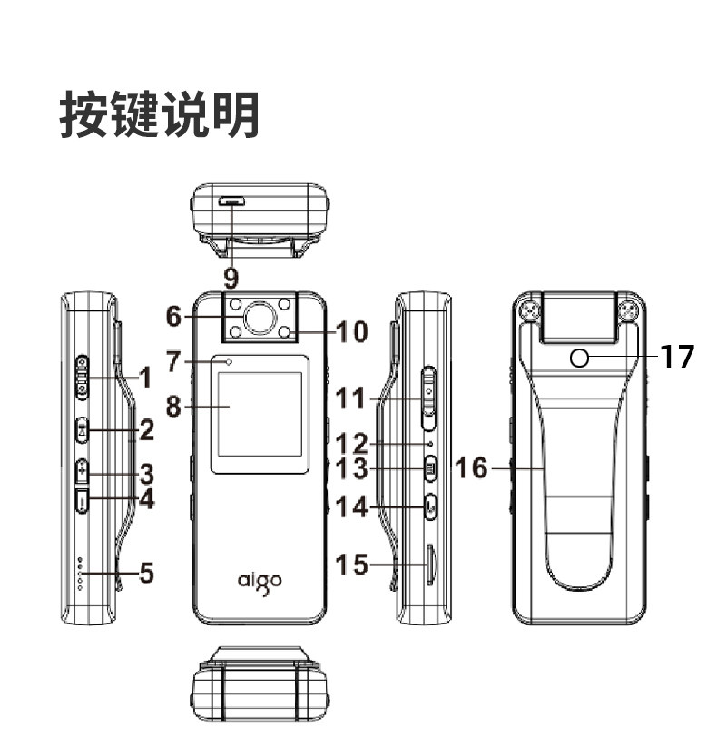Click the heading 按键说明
(160, 115)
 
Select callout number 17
(676, 357)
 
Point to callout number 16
(471, 468)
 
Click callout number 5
(145, 573)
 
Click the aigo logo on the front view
(260, 579)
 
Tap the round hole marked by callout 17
(580, 359)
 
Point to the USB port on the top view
(233, 201)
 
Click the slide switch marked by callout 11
(429, 397)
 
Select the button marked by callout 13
(431, 469)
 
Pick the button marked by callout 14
(430, 505)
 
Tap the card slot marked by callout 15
(429, 565)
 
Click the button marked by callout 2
(83, 429)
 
